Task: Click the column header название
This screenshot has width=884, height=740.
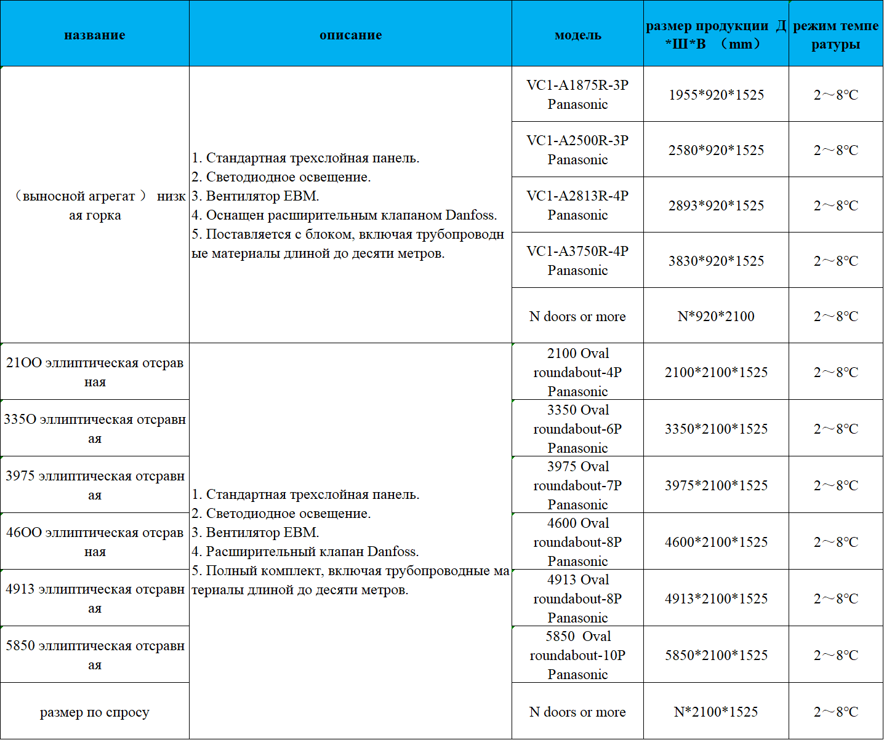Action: pyautogui.click(x=95, y=35)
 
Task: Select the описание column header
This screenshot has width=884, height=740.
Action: pyautogui.click(x=350, y=35)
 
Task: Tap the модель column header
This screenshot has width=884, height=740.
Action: pyautogui.click(x=577, y=35)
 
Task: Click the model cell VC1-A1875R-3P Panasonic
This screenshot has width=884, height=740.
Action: pyautogui.click(x=577, y=94)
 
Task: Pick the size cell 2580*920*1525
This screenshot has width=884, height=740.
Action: pyautogui.click(x=716, y=150)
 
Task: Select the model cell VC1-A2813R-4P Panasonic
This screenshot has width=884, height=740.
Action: pyautogui.click(x=577, y=205)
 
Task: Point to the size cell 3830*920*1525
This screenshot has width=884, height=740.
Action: pyautogui.click(x=716, y=261)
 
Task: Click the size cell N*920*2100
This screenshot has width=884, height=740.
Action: pyautogui.click(x=716, y=316)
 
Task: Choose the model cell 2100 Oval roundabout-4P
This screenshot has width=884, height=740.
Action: pyautogui.click(x=577, y=372)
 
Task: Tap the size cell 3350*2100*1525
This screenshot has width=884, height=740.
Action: pyautogui.click(x=716, y=429)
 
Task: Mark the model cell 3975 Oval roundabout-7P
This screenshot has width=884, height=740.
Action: pyautogui.click(x=577, y=485)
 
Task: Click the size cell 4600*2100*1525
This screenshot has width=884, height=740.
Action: pyautogui.click(x=716, y=542)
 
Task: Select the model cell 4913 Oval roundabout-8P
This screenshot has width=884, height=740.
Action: pyautogui.click(x=577, y=598)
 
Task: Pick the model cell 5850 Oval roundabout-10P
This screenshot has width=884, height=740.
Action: pyautogui.click(x=577, y=654)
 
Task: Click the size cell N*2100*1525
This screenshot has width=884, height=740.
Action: pyautogui.click(x=716, y=712)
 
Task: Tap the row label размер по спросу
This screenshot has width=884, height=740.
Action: pyautogui.click(x=95, y=712)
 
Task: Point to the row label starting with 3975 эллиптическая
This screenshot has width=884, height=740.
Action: pyautogui.click(x=95, y=485)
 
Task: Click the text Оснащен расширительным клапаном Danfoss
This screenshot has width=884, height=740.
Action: pyautogui.click(x=351, y=215)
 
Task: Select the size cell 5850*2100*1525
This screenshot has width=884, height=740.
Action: pyautogui.click(x=716, y=655)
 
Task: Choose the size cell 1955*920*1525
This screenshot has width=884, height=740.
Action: pyautogui.click(x=716, y=95)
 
